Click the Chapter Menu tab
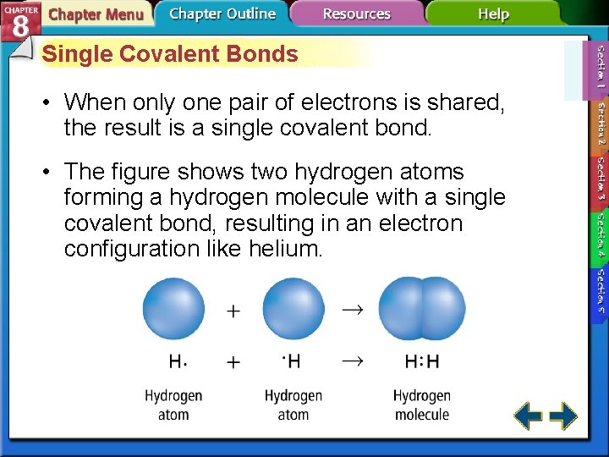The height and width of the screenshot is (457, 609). pos(95,14)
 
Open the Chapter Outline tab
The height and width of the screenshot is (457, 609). pos(222,14)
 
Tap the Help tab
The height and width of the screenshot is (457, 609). pos(493,14)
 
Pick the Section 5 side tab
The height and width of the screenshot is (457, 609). pos(599,292)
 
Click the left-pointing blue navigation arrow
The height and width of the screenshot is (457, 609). pos(529,416)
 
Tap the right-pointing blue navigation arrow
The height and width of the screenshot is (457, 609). pos(563,416)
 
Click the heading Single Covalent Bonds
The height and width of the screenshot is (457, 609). pos(170,54)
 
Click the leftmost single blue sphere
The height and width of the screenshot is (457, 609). pos(173,309)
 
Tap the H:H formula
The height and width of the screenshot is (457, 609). pos(422,362)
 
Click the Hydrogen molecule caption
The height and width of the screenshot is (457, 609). pos(421,405)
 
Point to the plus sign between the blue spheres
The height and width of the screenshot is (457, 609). pos(233,311)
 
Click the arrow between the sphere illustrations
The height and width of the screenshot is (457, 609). pos(352,310)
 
